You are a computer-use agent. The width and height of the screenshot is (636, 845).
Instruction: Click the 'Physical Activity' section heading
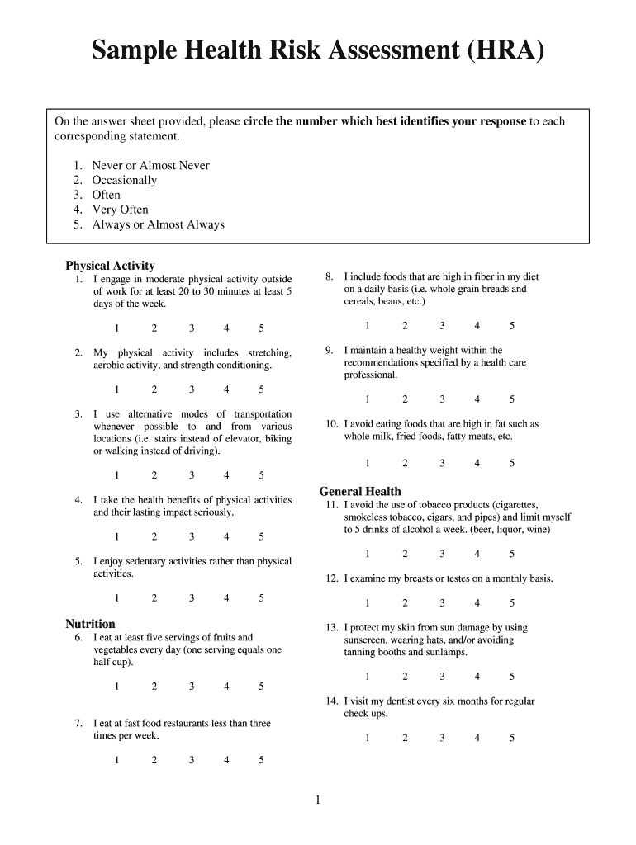(x=110, y=266)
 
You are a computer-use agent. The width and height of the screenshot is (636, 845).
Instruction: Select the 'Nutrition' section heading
(x=90, y=624)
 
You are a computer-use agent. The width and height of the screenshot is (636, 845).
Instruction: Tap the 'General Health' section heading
(x=360, y=491)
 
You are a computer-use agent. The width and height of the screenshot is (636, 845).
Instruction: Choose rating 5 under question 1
(x=261, y=328)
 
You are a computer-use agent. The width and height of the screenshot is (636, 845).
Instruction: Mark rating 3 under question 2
(x=191, y=389)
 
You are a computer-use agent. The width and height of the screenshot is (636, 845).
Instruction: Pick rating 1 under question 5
(x=116, y=597)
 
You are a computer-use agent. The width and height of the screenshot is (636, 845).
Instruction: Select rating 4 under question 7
(x=226, y=760)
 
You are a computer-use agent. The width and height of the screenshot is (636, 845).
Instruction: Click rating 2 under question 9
(x=405, y=399)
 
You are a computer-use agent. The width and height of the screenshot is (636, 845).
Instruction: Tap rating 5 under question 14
(x=512, y=739)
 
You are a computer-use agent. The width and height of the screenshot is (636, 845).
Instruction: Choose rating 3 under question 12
(x=442, y=603)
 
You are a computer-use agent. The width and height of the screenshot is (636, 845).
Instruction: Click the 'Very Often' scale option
(x=120, y=210)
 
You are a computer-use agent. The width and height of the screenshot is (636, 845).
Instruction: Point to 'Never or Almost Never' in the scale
(x=150, y=165)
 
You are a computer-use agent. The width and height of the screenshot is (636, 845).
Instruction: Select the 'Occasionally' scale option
(x=124, y=180)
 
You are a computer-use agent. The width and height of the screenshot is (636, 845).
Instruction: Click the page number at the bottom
(x=317, y=800)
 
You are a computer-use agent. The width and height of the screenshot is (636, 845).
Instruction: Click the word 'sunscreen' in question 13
(x=367, y=640)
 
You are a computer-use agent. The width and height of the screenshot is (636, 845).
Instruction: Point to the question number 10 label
(x=332, y=424)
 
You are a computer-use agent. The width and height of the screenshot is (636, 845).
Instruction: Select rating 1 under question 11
(x=368, y=554)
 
